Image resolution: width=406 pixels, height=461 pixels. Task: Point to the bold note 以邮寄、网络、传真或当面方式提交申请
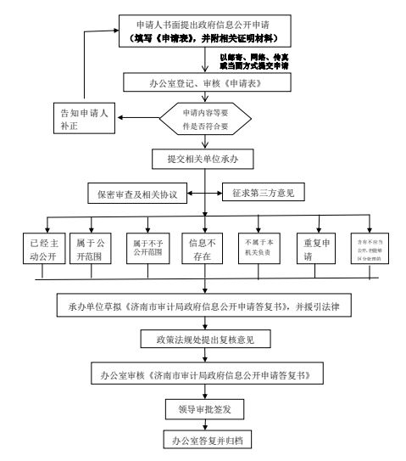click(x=253, y=61)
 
